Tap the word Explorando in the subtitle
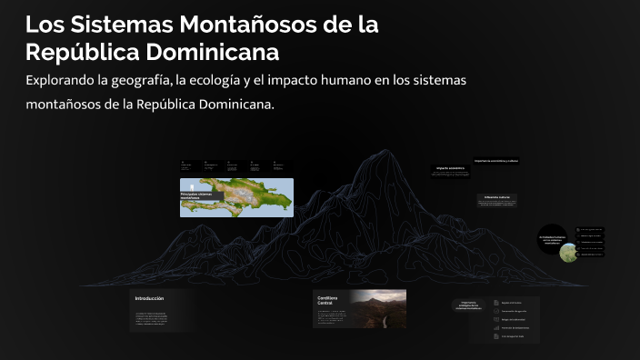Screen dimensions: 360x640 [67, 81]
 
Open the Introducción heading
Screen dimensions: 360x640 [149, 298]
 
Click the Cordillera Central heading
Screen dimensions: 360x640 [328, 301]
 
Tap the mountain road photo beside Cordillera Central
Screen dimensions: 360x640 [378, 308]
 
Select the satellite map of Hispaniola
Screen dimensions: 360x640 [245, 195]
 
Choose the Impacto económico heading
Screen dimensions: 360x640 [450, 168]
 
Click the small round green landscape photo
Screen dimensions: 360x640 [568, 252]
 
